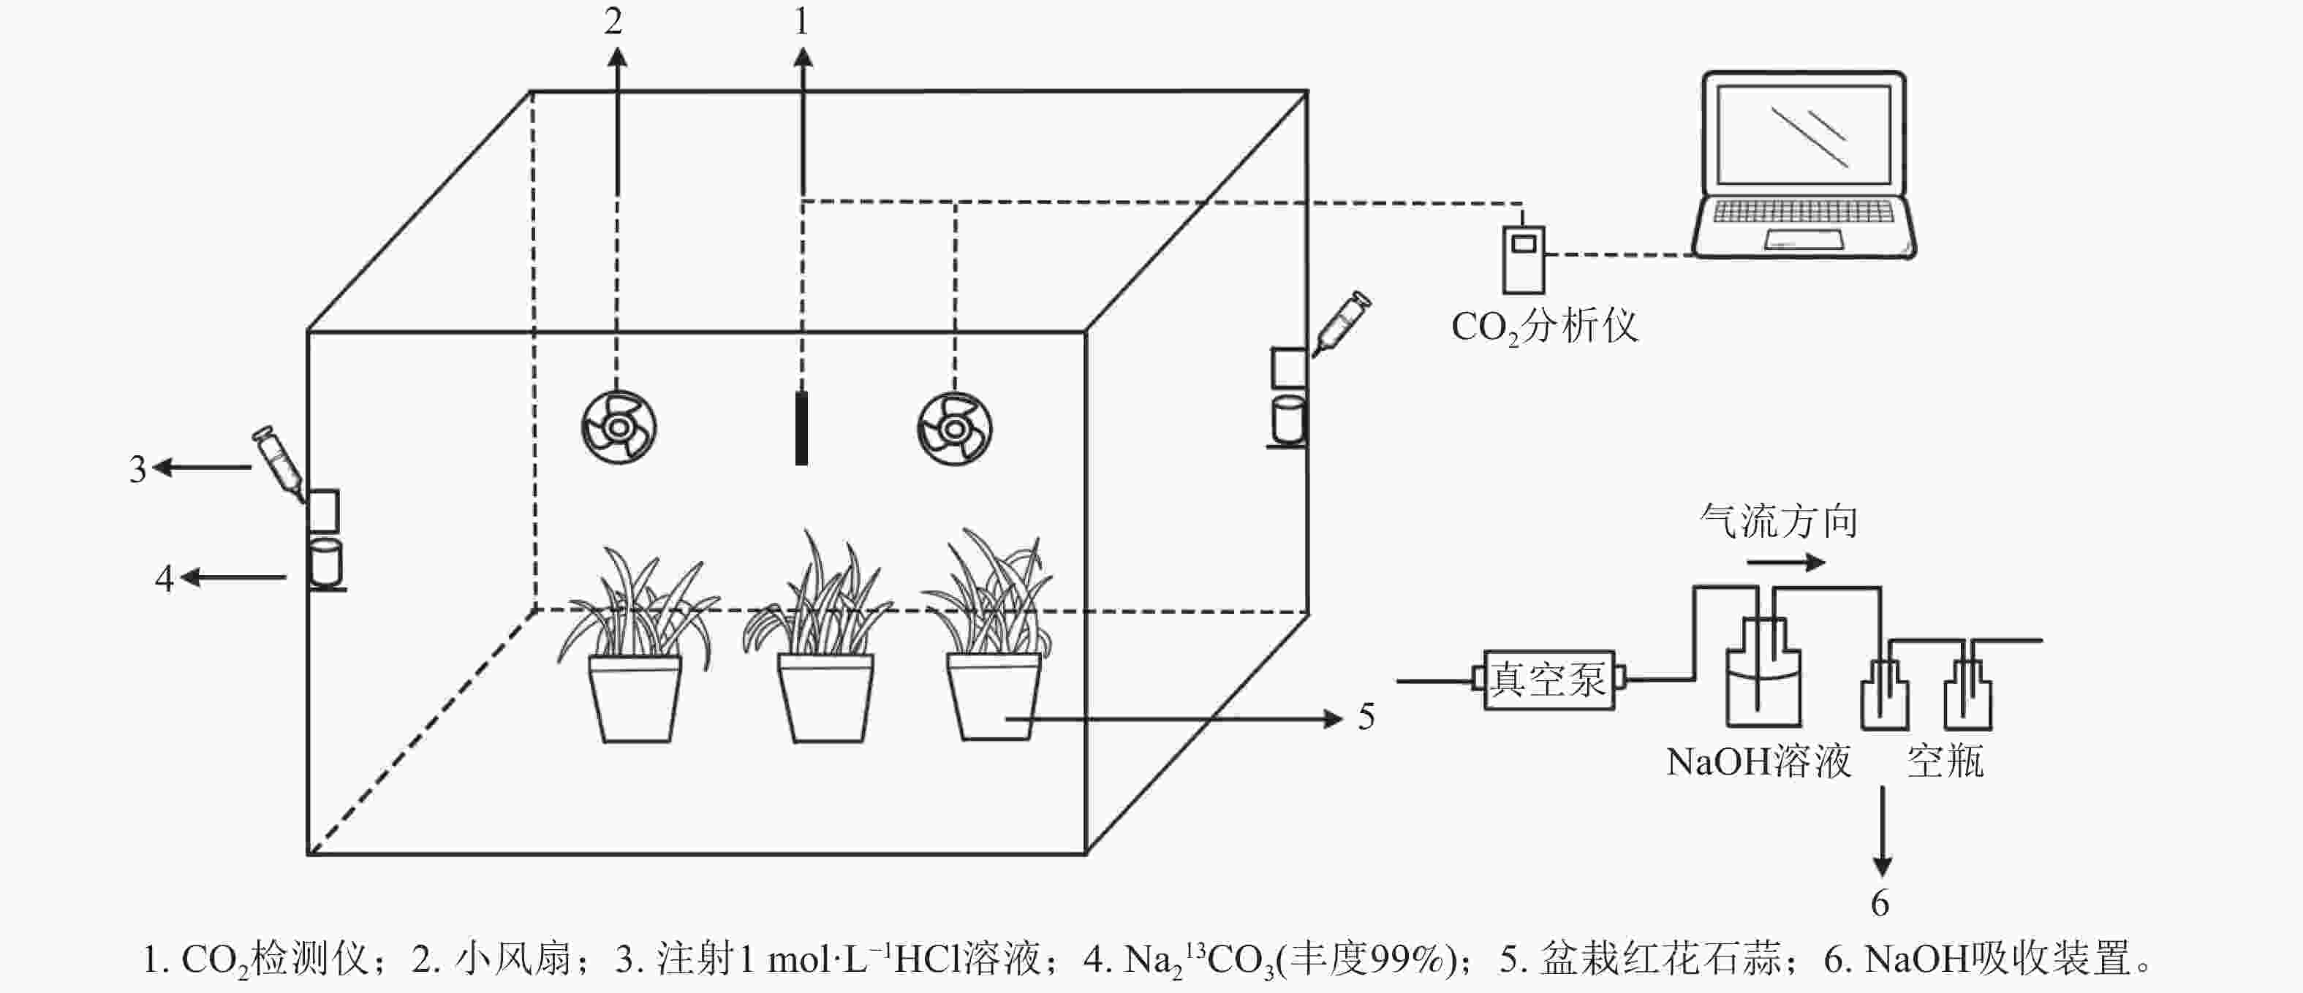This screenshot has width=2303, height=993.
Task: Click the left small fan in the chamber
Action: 619,427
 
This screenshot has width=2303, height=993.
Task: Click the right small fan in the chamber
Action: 954,429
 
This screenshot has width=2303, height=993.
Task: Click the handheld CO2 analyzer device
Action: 1524,260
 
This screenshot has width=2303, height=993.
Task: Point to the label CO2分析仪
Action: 1544,327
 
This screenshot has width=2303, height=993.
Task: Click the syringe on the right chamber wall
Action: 1342,323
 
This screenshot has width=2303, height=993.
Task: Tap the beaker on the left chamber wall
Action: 325,562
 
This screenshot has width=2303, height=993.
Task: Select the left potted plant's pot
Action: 635,698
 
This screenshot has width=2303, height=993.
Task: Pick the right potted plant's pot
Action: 994,696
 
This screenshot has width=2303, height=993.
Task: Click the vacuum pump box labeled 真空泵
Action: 1548,680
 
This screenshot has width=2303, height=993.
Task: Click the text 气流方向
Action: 1778,521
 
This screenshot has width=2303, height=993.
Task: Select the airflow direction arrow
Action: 1785,562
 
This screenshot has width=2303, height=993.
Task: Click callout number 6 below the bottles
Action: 1880,902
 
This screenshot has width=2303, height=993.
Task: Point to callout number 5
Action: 1366,717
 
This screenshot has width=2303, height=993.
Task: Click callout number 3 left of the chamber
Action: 137,469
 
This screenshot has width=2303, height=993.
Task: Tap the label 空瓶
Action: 1945,761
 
